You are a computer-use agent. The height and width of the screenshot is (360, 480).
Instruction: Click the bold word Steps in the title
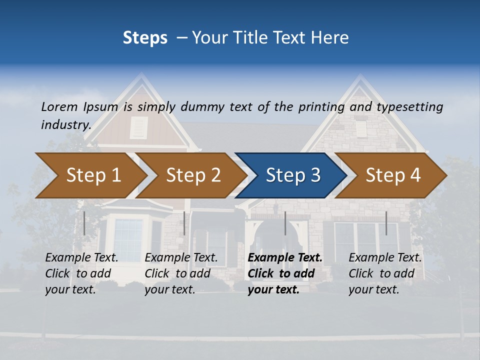145,38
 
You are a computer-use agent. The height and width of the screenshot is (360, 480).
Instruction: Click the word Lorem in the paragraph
59,106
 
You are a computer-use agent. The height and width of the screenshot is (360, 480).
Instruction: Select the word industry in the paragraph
65,124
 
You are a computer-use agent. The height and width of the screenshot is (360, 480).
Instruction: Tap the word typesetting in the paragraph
409,106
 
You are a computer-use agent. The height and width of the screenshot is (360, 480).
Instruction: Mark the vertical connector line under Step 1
84,223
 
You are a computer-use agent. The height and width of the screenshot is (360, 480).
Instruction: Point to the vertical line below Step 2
184,223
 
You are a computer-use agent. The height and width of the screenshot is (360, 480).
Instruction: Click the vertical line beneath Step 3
285,223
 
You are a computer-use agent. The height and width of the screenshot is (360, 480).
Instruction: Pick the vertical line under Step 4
386,223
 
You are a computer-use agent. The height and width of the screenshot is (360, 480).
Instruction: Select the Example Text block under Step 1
82,273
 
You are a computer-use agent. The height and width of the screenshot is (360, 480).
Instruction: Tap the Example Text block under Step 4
385,273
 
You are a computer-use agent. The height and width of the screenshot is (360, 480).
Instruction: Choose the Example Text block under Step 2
181,273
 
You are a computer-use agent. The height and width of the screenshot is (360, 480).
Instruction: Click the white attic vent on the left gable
138,128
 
